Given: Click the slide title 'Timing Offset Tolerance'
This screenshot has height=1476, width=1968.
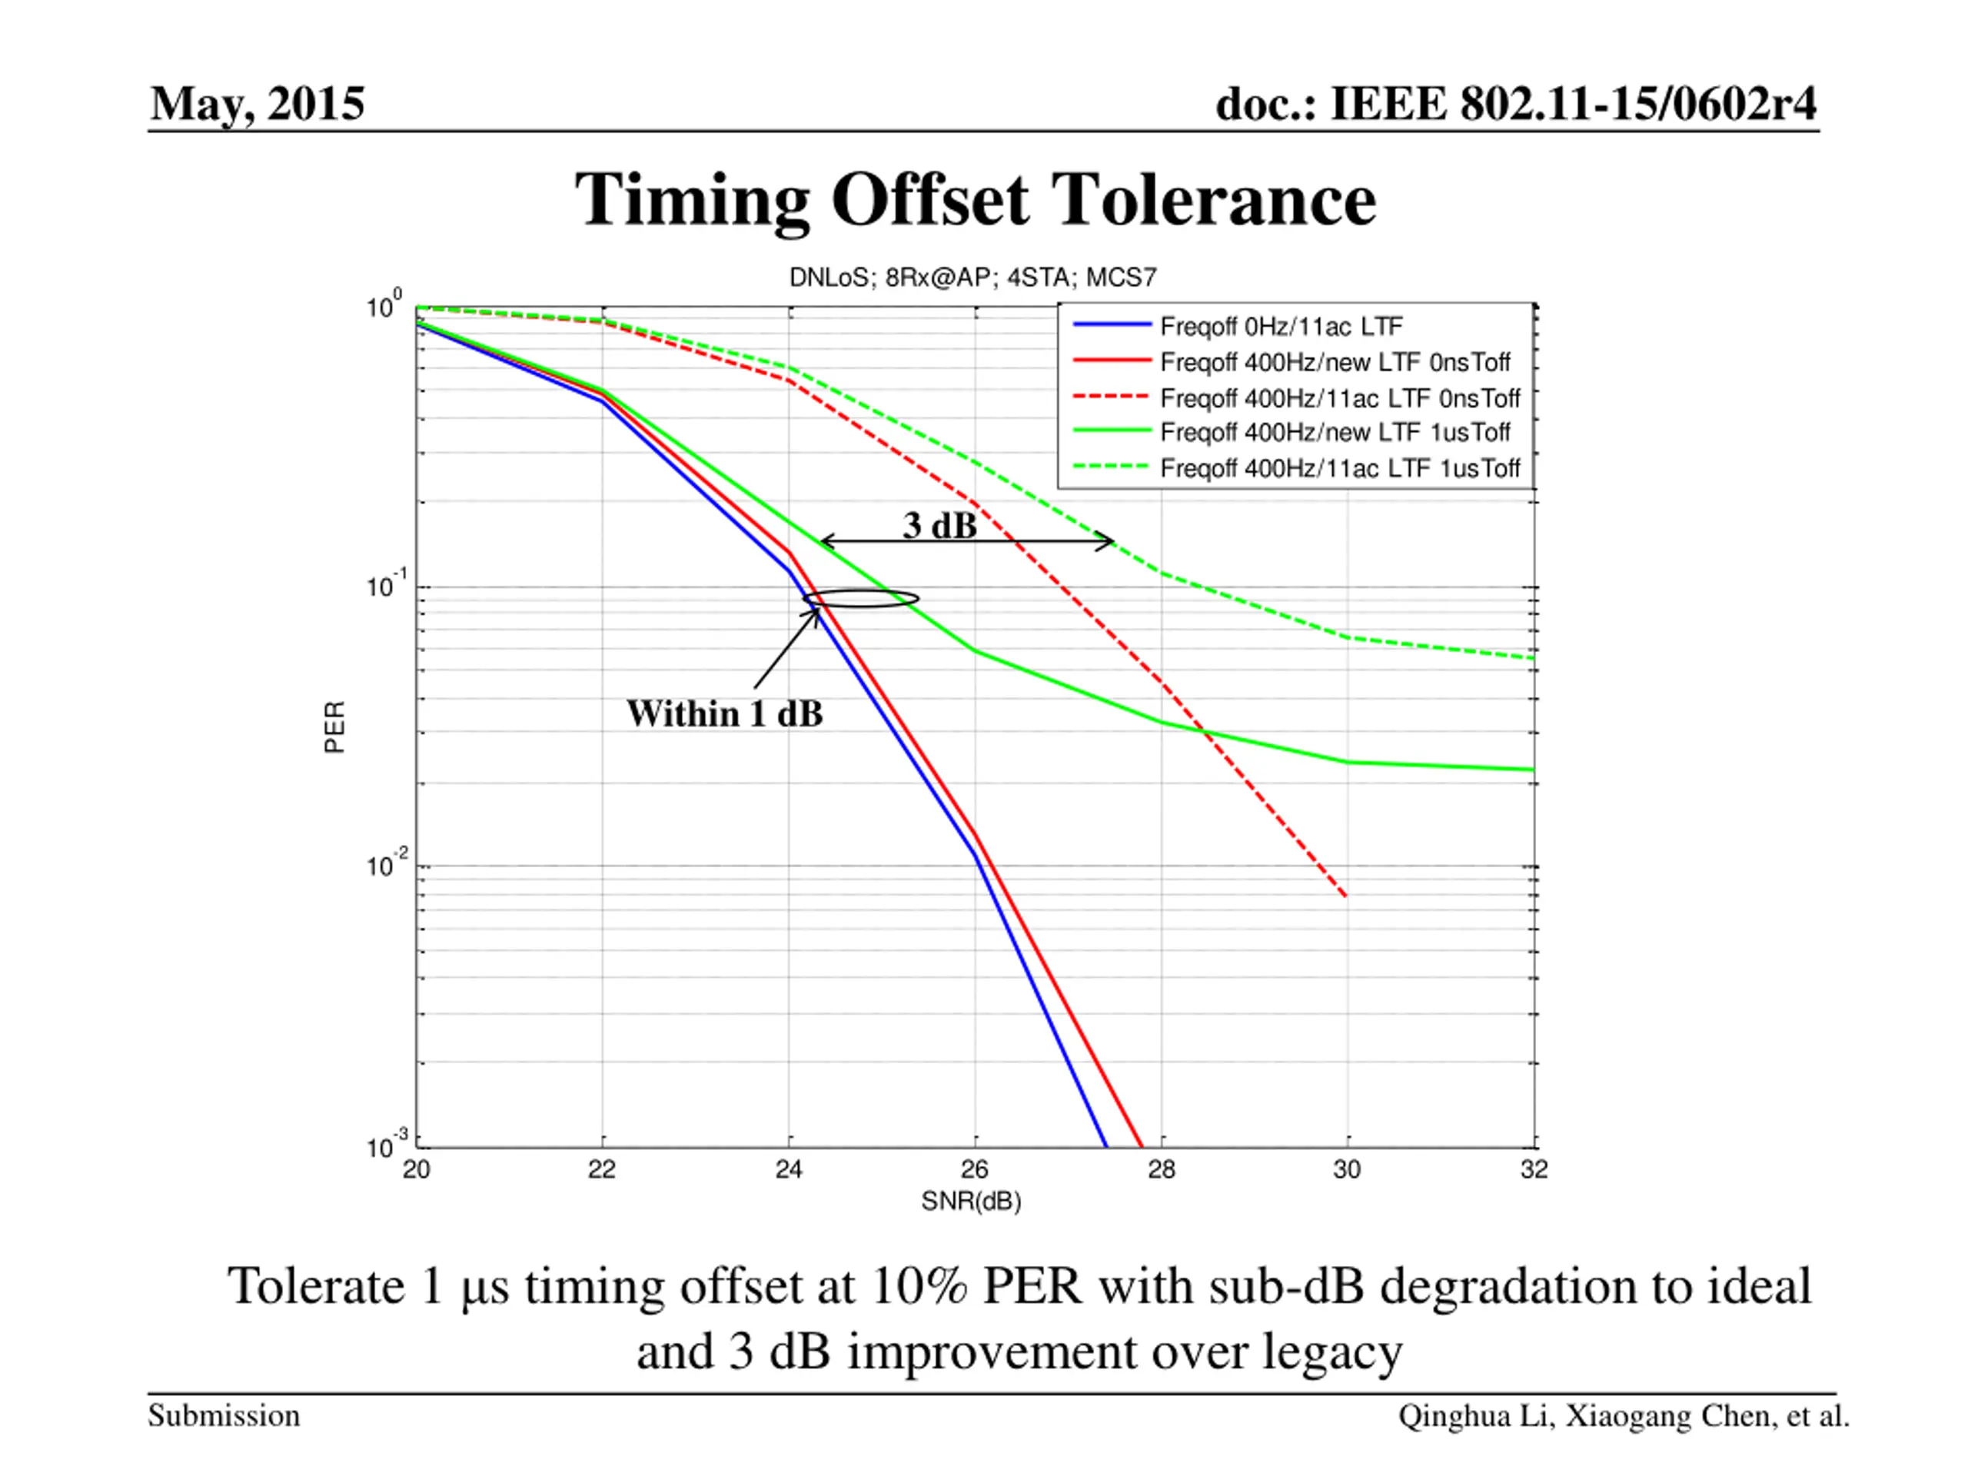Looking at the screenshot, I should (975, 199).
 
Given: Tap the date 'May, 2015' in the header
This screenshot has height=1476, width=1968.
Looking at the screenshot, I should (257, 104).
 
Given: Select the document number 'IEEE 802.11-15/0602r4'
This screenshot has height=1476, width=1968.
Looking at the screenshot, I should (1572, 104).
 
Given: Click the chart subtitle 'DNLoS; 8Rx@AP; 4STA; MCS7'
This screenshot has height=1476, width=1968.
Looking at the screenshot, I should (972, 278).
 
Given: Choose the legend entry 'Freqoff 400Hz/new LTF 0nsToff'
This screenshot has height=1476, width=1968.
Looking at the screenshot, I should (1335, 362).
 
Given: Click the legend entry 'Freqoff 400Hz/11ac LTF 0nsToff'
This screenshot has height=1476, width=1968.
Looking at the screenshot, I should (1339, 397).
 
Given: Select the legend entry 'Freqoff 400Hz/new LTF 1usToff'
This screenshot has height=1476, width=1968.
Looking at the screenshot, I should (1335, 432).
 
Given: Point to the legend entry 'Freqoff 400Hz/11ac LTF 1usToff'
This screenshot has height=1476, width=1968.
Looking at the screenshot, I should (1339, 468).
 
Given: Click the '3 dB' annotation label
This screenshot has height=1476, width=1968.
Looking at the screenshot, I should (939, 526).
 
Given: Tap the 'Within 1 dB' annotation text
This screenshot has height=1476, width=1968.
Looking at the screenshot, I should (724, 713).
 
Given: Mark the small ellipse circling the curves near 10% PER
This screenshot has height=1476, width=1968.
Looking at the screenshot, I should (861, 599).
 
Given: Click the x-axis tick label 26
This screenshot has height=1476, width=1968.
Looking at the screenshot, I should (975, 1169).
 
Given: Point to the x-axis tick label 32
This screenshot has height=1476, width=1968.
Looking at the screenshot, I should (1534, 1169).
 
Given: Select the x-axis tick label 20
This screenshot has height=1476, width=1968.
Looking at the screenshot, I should (417, 1169).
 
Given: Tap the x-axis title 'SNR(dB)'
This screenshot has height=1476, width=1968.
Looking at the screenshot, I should (971, 1202).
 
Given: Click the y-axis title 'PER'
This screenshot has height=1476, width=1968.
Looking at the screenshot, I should (334, 727).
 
